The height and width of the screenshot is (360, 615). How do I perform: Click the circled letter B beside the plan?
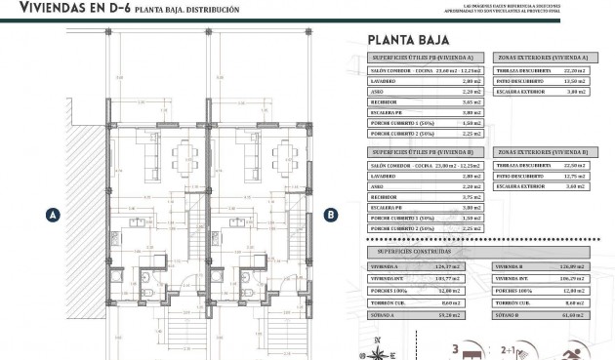point(331,215)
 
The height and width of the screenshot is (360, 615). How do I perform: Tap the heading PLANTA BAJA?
point(408,41)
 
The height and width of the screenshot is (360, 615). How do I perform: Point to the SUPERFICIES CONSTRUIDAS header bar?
point(425,251)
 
